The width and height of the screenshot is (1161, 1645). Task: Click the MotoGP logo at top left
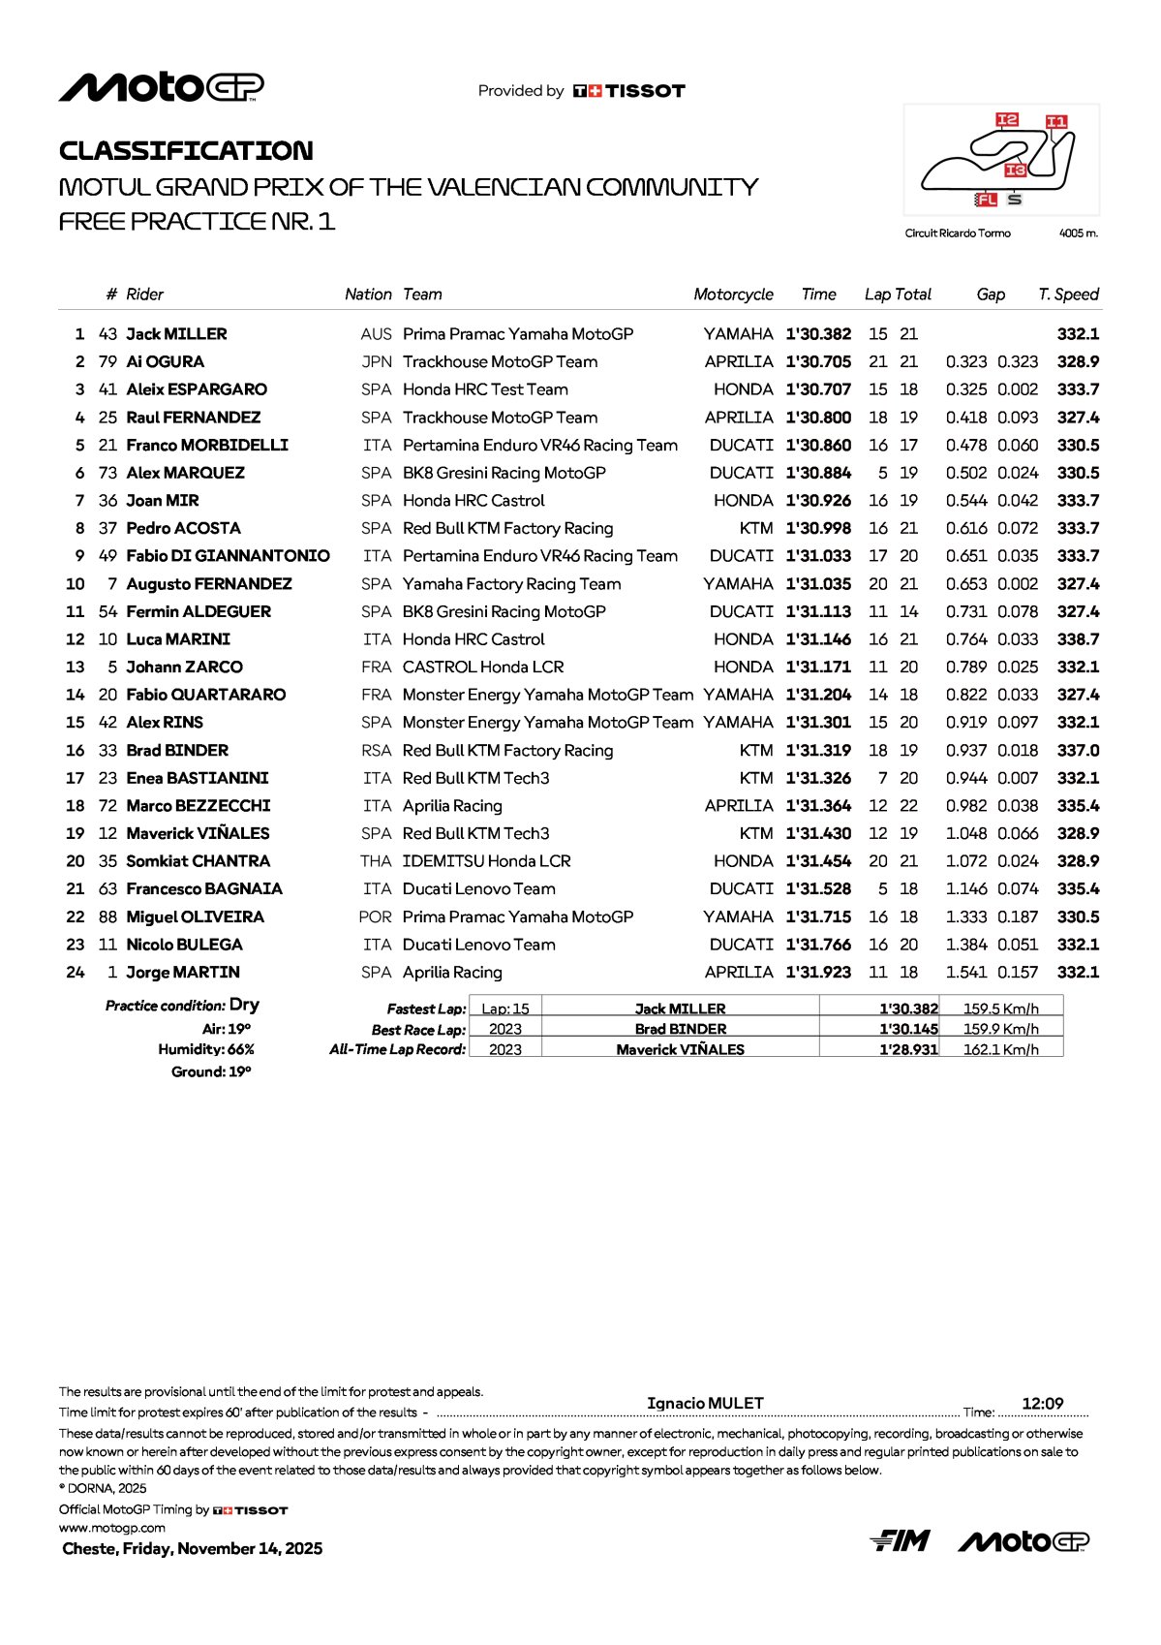pos(161,87)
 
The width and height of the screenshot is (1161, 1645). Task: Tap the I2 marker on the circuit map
pos(1007,119)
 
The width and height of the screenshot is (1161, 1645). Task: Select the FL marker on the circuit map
pos(986,200)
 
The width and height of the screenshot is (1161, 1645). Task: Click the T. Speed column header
pos(1068,295)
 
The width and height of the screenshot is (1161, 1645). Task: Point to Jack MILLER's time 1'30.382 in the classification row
pos(818,334)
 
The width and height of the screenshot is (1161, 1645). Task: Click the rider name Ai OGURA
pos(165,361)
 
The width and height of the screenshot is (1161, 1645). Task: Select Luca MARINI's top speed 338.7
pos(1078,639)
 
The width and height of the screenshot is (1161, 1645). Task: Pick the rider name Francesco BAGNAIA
pos(204,888)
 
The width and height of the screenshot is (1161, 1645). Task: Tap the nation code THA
pos(376,861)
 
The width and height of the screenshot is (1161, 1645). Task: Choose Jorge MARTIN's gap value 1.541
pos(966,972)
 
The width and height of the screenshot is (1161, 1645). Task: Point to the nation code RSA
pos(376,750)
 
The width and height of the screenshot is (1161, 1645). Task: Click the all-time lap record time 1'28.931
pos(908,1049)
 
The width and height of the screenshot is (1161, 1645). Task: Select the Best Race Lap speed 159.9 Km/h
pos(1000,1029)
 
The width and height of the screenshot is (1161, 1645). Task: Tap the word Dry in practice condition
pos(244,1005)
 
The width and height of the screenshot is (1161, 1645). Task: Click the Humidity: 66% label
pos(206,1049)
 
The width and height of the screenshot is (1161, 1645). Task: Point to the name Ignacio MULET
pos(705,1403)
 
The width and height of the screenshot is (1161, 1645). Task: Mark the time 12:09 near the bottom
pos(1042,1404)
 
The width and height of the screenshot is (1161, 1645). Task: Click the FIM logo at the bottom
pos(900,1540)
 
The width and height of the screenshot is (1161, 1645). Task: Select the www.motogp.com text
pos(111,1528)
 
